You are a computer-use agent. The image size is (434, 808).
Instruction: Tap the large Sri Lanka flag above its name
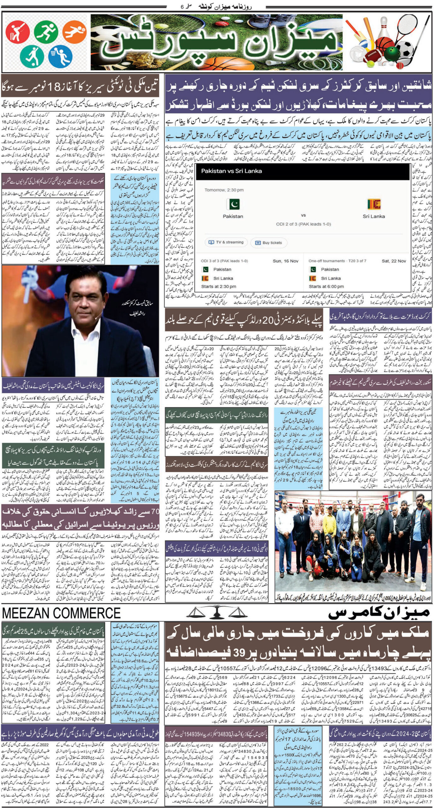point(373,204)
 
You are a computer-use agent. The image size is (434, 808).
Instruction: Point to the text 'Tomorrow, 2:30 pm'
point(224,190)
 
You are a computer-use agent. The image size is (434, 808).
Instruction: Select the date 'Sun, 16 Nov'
point(285,261)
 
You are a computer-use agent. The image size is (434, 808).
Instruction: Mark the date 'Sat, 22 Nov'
point(394,261)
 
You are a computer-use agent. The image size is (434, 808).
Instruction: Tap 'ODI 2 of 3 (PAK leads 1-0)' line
point(303,224)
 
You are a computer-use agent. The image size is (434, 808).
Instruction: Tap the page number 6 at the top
point(182,7)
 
